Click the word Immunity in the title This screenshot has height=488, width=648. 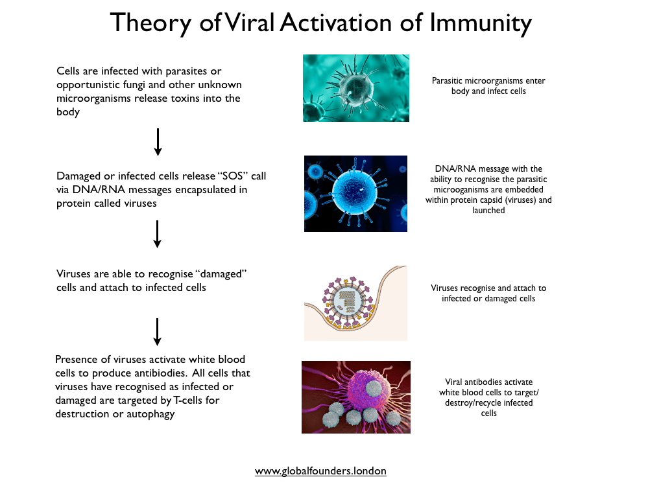480,23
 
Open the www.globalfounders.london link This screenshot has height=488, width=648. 320,471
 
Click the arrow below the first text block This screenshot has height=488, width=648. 158,142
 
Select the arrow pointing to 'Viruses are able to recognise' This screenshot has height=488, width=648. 157,234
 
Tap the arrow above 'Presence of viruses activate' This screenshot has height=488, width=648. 157,332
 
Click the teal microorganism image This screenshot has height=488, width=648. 356,88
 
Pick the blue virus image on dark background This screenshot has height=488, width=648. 355,194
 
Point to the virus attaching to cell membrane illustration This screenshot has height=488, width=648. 355,303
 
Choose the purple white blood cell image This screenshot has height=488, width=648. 356,397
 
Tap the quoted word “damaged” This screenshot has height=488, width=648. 221,274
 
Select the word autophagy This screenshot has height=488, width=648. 150,414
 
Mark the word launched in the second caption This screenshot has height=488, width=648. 488,210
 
